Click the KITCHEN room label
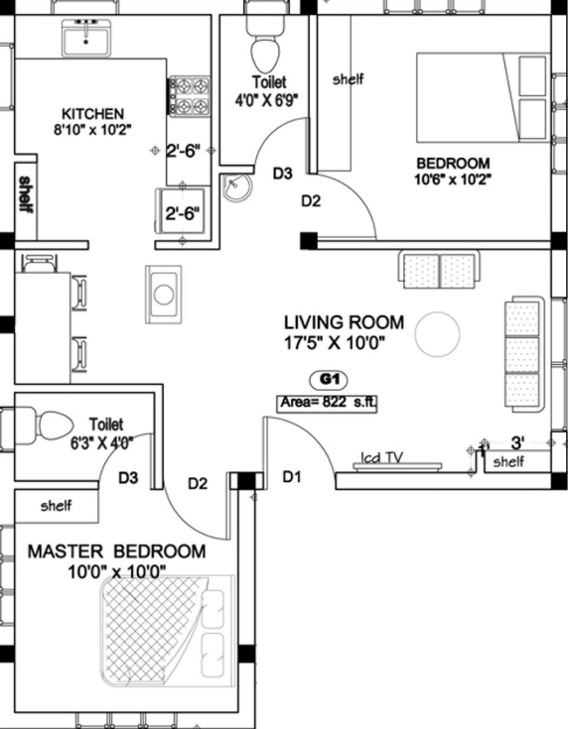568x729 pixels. point(93,112)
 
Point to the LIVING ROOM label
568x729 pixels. point(344,321)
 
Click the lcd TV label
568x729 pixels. point(380,457)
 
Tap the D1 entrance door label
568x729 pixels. point(291,477)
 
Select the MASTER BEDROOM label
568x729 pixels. point(116,551)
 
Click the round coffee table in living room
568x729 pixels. point(436,334)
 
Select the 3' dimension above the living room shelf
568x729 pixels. point(516,442)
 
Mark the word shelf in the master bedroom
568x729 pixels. point(57,506)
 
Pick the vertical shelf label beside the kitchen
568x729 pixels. point(25,193)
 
